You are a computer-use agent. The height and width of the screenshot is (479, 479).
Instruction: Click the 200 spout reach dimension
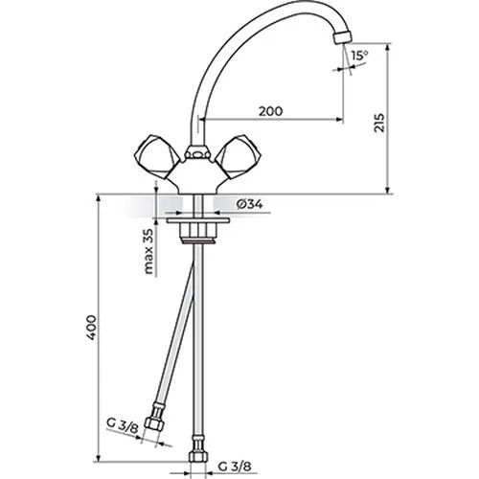(270, 111)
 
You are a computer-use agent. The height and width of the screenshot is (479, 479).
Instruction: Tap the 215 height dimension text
(379, 123)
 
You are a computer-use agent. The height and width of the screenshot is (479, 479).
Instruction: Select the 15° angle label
(360, 56)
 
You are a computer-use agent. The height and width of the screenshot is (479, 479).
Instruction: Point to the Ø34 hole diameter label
(250, 204)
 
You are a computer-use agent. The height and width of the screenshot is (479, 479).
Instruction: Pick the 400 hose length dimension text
(92, 328)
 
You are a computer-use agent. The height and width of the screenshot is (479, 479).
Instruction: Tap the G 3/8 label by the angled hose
(123, 425)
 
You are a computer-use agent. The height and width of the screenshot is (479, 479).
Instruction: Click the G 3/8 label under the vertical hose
(235, 467)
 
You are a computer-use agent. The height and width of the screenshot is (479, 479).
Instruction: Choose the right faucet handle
(239, 157)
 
